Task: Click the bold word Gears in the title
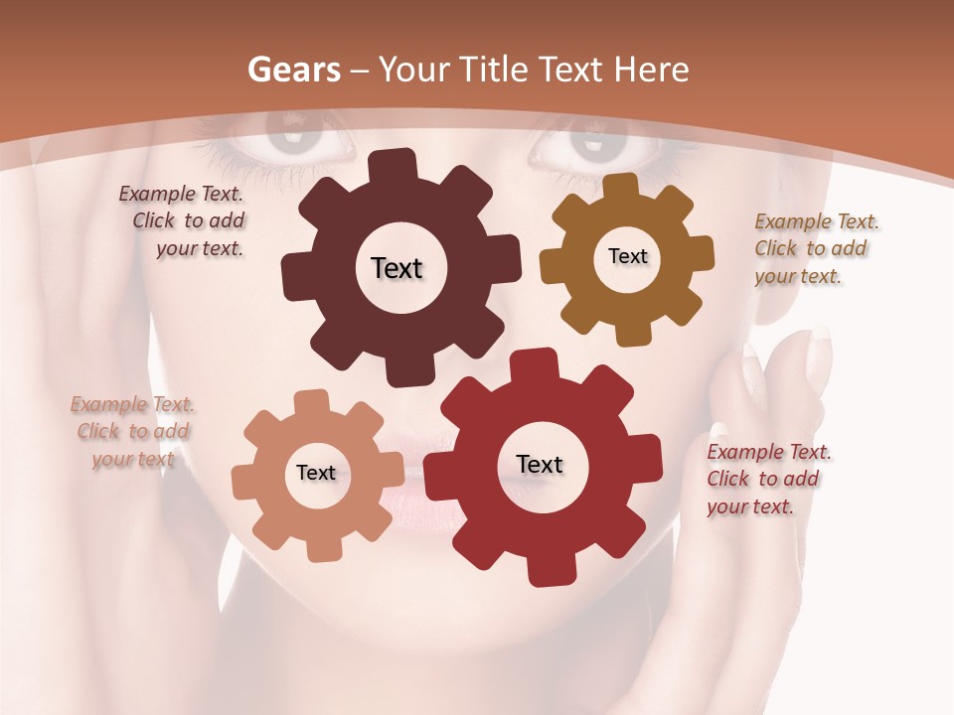tap(293, 70)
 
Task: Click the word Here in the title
tap(652, 70)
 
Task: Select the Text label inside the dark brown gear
tap(397, 268)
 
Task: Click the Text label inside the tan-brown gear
tap(627, 256)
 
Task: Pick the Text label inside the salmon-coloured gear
tap(315, 473)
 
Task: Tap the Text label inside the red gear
tap(539, 464)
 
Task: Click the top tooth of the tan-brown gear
tap(621, 186)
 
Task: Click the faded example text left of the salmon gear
tap(133, 431)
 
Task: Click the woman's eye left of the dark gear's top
tap(289, 144)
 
